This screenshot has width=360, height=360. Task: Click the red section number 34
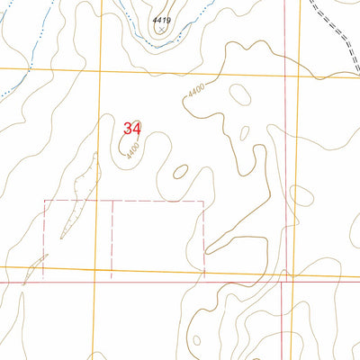pos(131,128)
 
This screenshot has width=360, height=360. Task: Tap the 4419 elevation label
pos(161,19)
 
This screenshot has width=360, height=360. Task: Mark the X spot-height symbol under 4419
pos(161,29)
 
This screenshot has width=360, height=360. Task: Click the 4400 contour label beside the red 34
pos(133,148)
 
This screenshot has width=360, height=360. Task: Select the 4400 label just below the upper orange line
pos(196,92)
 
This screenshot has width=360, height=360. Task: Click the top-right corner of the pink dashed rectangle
pos(204,201)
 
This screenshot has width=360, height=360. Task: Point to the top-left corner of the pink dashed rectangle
pos(45,201)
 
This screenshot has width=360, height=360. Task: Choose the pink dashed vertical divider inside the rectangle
pos(112,234)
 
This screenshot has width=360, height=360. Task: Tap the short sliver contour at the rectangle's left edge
pos(36,266)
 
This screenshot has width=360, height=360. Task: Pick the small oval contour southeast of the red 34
pos(180,171)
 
